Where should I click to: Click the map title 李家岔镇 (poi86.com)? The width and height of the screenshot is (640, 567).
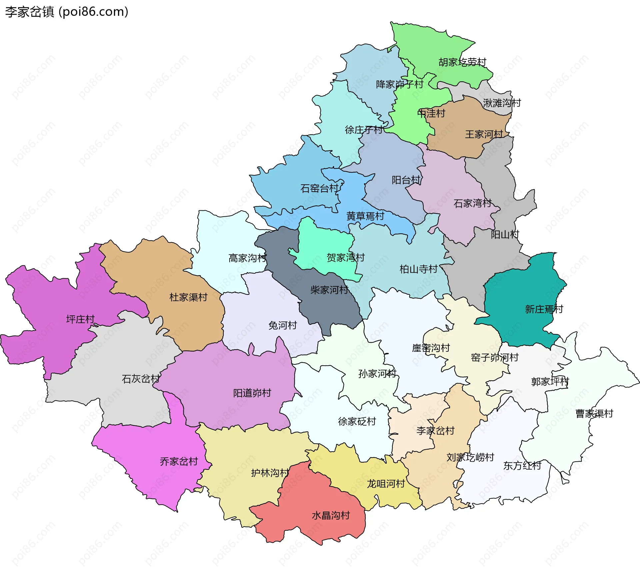click(x=67, y=12)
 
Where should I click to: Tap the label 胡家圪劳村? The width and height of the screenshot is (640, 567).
click(x=462, y=62)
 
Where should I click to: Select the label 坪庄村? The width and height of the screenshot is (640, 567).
click(x=80, y=319)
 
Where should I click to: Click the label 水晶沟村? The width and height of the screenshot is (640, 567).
click(x=331, y=516)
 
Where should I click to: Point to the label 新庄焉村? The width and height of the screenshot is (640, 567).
click(x=544, y=309)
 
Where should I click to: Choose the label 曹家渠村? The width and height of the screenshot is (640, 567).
click(x=594, y=414)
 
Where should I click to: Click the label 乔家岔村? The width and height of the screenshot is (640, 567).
click(x=179, y=462)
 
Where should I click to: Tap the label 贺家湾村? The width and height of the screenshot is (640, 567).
click(x=346, y=258)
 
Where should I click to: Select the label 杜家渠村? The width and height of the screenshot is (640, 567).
click(x=188, y=297)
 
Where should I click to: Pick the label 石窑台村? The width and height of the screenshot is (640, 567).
click(x=319, y=189)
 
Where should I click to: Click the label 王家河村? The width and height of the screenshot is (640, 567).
click(x=484, y=134)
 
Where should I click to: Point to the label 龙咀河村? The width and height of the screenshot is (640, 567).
click(x=386, y=484)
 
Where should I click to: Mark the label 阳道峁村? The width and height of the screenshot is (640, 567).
click(x=252, y=393)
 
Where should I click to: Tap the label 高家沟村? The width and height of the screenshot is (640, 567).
click(x=247, y=258)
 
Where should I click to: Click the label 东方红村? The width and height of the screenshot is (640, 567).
click(x=522, y=466)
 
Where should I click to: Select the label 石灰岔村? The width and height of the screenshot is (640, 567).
click(x=141, y=379)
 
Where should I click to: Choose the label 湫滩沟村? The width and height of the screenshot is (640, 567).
click(x=502, y=103)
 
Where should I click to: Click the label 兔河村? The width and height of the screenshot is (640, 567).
click(x=283, y=325)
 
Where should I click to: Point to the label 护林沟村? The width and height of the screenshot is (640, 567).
click(x=270, y=473)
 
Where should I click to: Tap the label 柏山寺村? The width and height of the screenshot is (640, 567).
click(x=418, y=269)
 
